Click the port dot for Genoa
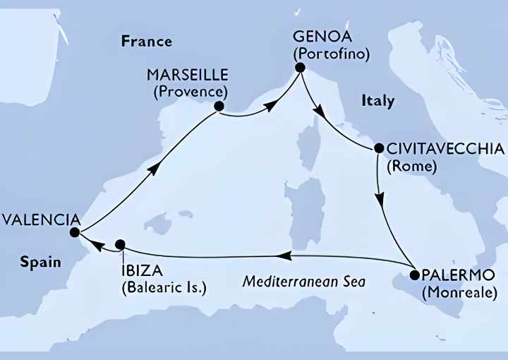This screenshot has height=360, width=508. point(300,68)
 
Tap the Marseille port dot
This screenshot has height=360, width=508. point(219,107)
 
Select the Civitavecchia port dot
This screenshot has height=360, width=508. point(379,149)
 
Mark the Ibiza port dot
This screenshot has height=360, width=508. point(121,244)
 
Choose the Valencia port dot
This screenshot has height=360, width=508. point(74,232)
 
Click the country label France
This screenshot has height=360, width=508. point(147,41)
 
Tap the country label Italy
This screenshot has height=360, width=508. point(377,101)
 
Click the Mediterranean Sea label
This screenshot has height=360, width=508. point(304,281)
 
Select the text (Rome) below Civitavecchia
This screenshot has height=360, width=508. point(411,167)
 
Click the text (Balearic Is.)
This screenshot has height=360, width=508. point(164,288)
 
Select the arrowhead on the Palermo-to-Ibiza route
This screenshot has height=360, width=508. point(279,256)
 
